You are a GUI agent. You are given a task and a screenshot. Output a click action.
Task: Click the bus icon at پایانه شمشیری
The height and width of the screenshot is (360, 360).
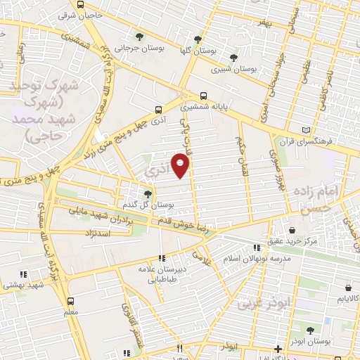[204, 96]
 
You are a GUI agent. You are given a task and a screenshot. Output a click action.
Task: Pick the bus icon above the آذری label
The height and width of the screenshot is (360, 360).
[158, 110]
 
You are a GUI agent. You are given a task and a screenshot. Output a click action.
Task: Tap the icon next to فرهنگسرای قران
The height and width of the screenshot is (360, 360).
[305, 130]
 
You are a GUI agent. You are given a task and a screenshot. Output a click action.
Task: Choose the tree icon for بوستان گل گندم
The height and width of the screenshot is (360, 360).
[148, 194]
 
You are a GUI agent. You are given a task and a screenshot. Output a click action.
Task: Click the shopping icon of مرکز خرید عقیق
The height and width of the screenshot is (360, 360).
[292, 230]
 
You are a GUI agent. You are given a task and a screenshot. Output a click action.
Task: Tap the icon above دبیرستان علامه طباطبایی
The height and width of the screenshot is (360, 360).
[162, 258]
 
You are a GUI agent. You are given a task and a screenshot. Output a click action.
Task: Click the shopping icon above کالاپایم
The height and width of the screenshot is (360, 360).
[348, 288]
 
